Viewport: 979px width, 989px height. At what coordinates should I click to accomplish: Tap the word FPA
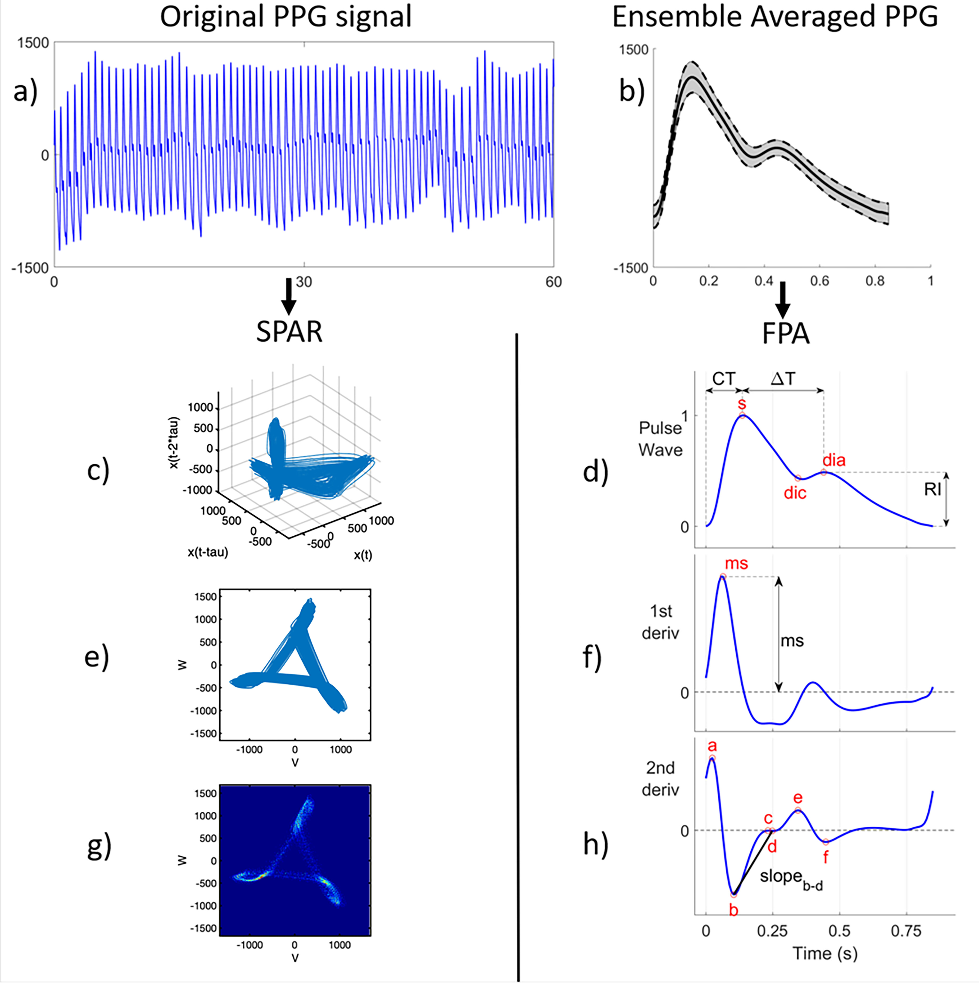point(786,334)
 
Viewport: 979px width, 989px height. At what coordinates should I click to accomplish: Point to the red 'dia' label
point(834,460)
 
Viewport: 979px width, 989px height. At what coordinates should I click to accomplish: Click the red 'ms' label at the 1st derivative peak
point(736,564)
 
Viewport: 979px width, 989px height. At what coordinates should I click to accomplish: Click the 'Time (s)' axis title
point(825,954)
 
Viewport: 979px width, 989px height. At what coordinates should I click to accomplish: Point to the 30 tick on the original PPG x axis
point(304,282)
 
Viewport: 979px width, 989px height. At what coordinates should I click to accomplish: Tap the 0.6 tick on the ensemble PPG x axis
point(819,281)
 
